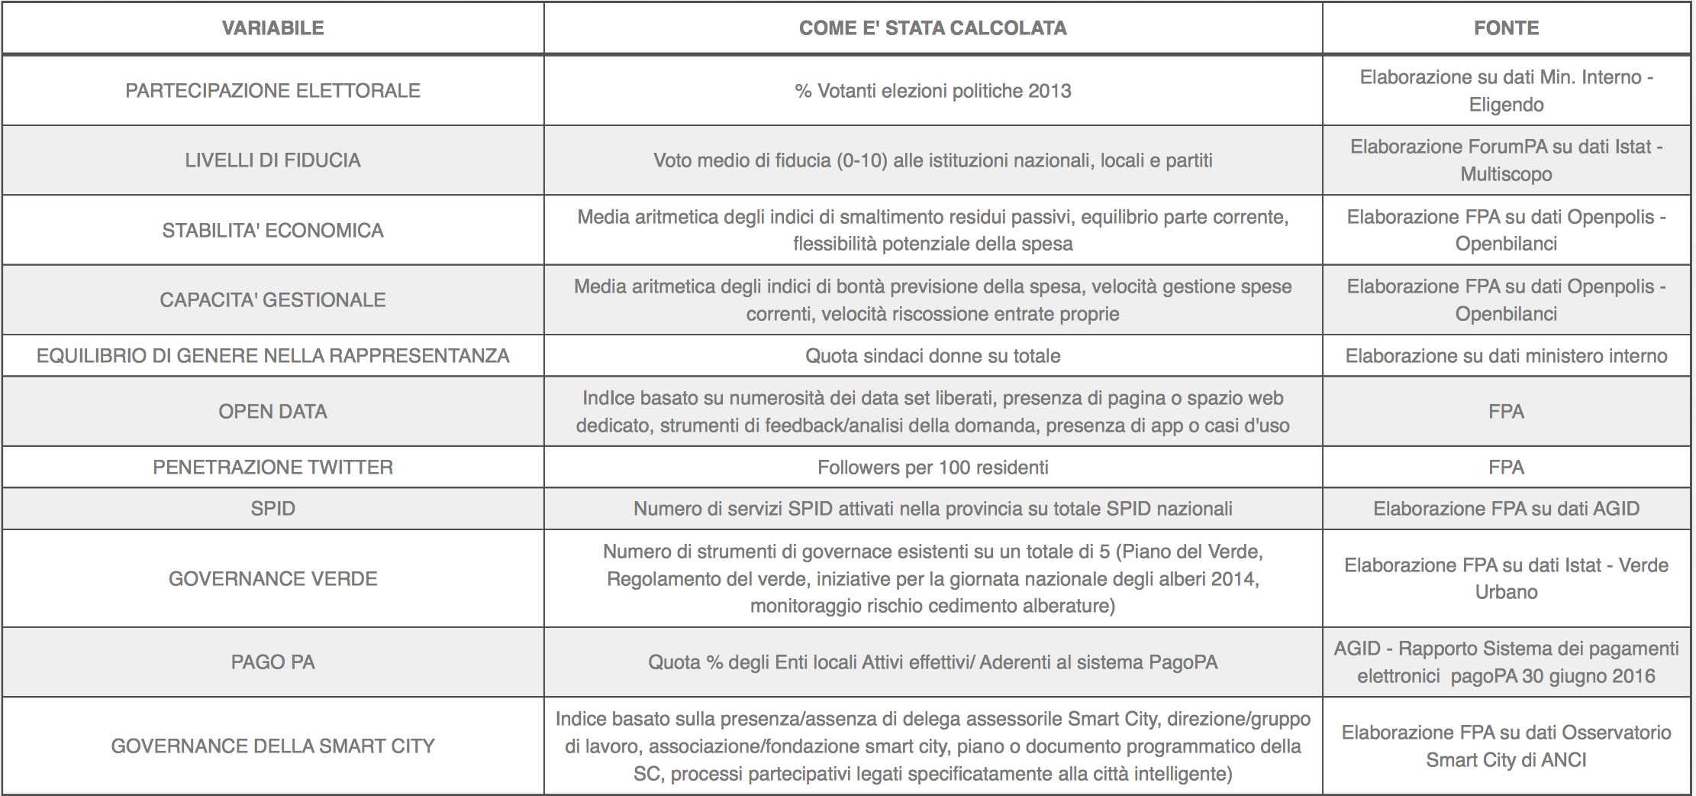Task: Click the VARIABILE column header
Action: (272, 28)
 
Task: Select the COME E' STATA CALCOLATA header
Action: (933, 28)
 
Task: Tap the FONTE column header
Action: (1506, 28)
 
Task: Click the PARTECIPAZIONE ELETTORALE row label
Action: (272, 91)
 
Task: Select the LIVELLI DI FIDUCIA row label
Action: (272, 160)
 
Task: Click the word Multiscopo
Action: (1506, 174)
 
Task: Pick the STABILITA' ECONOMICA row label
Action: (272, 231)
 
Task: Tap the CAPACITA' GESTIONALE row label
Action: (272, 300)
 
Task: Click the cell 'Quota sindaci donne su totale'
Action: (933, 356)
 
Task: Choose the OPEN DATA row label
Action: (272, 412)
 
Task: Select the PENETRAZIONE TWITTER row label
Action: (272, 468)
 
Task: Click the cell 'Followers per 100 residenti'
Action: (933, 468)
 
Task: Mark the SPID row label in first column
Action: (272, 509)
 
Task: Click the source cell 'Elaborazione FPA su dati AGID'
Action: (1506, 509)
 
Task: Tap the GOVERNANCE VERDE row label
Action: (272, 579)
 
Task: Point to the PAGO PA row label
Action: (272, 662)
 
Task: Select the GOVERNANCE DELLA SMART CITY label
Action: (272, 746)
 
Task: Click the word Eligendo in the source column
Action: (1506, 105)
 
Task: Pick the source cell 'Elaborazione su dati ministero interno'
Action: (1506, 356)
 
